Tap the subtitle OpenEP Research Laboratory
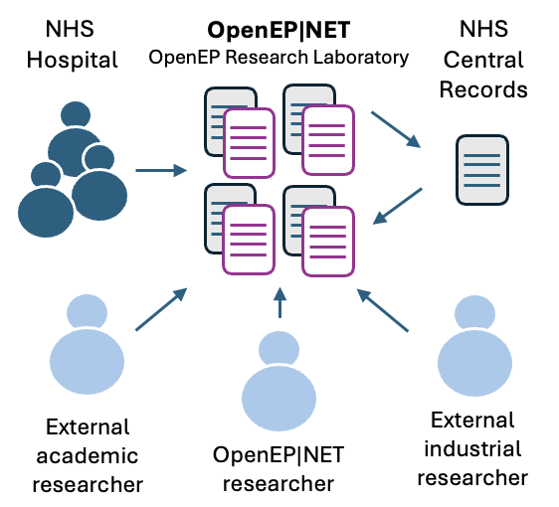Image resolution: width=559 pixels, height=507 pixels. [279, 57]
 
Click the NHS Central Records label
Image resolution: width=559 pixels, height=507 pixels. [482, 61]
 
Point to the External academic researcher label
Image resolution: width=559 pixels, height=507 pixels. [88, 456]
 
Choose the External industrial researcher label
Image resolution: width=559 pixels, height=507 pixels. [471, 449]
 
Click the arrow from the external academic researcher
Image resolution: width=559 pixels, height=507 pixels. [160, 308]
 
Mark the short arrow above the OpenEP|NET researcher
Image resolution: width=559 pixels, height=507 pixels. [279, 302]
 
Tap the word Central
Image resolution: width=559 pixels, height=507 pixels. [483, 61]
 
